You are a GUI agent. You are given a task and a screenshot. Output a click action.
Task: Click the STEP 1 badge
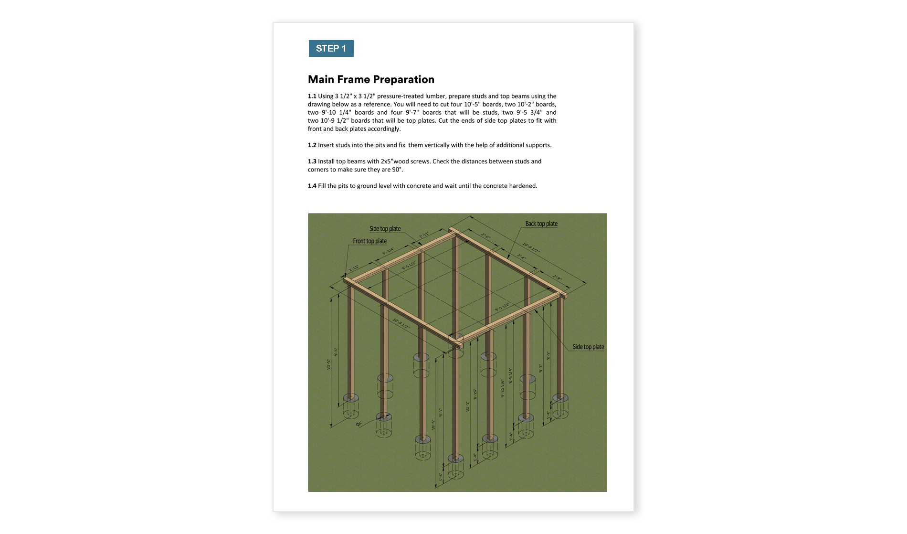tap(331, 48)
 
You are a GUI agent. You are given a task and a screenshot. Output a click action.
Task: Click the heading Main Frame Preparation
tap(371, 79)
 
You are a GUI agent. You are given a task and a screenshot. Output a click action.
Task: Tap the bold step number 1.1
tap(312, 96)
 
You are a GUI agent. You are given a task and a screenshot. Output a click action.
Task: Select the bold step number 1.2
tap(312, 145)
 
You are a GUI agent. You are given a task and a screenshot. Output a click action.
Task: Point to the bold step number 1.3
tap(312, 161)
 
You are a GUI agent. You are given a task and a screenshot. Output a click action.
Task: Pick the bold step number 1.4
tap(312, 186)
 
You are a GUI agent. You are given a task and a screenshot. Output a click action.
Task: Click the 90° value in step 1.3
tap(397, 170)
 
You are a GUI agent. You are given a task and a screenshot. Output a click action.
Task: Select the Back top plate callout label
tap(541, 224)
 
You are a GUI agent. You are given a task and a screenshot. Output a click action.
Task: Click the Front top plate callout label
tap(370, 241)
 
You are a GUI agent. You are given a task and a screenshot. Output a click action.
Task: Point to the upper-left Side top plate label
tap(385, 229)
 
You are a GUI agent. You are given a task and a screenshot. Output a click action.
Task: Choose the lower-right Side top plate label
tap(588, 347)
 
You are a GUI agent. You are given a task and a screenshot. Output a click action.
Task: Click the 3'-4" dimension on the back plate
tap(521, 257)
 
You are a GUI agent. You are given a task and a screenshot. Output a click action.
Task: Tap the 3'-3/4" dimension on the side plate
tap(388, 250)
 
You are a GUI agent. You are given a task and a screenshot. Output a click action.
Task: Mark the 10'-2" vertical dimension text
tap(468, 407)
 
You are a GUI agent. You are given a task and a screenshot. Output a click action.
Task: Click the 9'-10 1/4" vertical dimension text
tap(503, 388)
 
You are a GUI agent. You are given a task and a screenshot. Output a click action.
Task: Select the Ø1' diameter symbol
tap(359, 424)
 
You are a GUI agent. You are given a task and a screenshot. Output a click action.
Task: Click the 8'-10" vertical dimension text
tap(475, 394)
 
